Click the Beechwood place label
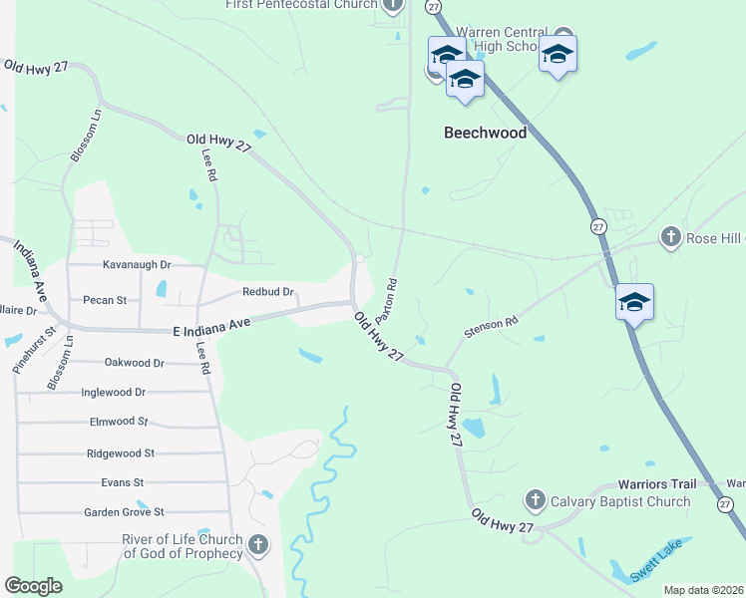485,132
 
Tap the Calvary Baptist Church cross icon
536,500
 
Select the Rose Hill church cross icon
671,237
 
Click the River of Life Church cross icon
258,545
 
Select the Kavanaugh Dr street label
138,265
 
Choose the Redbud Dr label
268,292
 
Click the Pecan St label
105,299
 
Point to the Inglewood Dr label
113,393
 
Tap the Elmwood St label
118,422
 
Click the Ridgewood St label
120,452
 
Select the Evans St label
123,482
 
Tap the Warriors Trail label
653,484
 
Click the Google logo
33,586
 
